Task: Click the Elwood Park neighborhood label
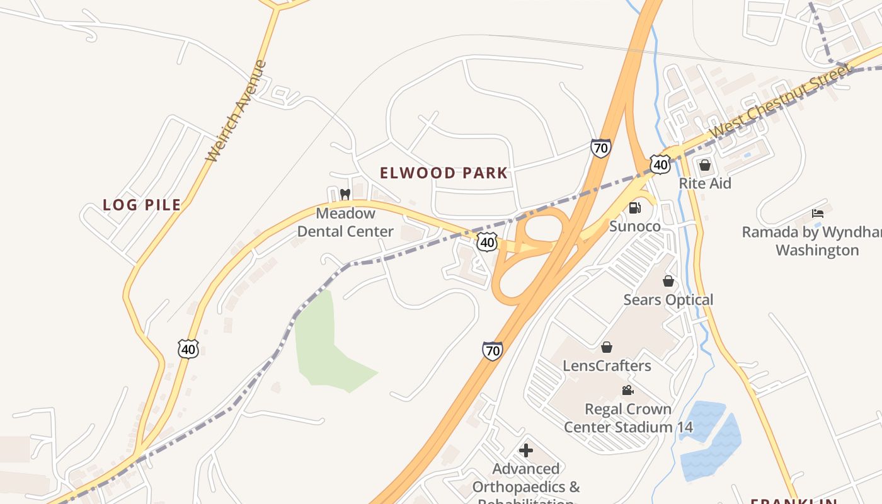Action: [x=444, y=173]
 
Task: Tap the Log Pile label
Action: [x=142, y=205]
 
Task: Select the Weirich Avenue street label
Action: [x=237, y=112]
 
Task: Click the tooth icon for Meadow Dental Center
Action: [x=345, y=194]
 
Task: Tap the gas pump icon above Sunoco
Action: [x=635, y=207]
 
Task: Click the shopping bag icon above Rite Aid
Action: [x=705, y=165]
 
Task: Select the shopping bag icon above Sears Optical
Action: [x=668, y=281]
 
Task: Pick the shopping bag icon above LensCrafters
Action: [x=607, y=347]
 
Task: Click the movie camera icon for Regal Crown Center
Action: [x=627, y=391]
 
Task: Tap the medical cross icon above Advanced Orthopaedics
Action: [x=526, y=450]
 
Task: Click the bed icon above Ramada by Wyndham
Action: [x=818, y=213]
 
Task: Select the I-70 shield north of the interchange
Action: [x=600, y=149]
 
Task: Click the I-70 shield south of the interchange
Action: [x=493, y=351]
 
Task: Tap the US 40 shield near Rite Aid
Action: [x=660, y=164]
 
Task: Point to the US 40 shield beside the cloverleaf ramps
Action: [x=487, y=242]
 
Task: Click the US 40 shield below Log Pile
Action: [x=188, y=348]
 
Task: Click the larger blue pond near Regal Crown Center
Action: [x=712, y=454]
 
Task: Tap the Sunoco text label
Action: [x=635, y=226]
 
